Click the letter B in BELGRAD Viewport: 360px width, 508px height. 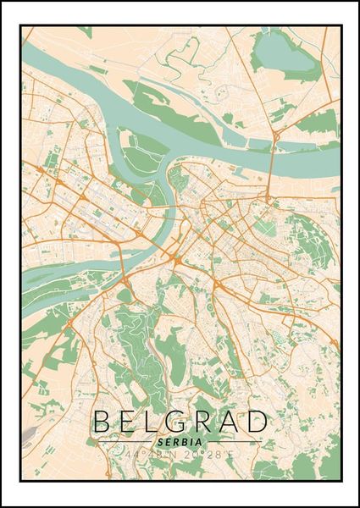[x=102, y=421]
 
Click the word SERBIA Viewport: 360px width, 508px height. [x=179, y=441]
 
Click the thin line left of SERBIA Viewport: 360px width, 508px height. [x=123, y=442]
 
